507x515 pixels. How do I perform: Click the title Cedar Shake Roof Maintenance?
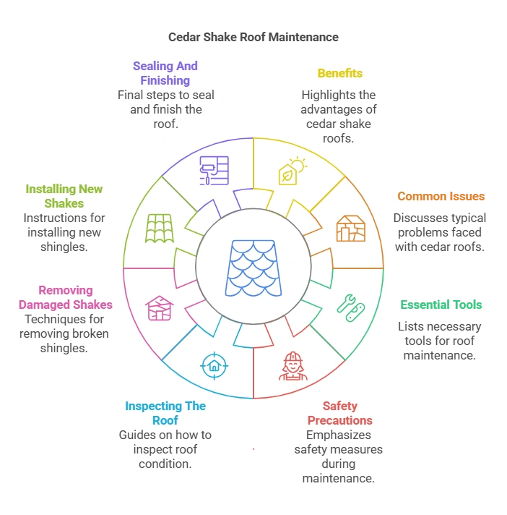253,37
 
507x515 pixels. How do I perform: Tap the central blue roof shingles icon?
253,268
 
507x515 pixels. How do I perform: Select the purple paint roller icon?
214,171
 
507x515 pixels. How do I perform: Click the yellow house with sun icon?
292,171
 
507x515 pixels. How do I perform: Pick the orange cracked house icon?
350,228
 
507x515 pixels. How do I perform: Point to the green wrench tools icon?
350,307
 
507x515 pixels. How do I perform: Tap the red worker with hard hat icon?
292,365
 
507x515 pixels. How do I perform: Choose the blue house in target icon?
214,365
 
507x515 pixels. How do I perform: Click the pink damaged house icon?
158,307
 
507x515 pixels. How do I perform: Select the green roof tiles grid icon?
160,228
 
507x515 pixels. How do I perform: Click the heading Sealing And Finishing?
165,73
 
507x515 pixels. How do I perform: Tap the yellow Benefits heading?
339,73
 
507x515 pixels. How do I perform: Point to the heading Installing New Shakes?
64,196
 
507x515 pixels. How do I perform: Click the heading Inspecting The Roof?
165,413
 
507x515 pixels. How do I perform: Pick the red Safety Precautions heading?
339,413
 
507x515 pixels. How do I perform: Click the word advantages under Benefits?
339,109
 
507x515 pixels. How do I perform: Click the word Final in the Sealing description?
133,95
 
